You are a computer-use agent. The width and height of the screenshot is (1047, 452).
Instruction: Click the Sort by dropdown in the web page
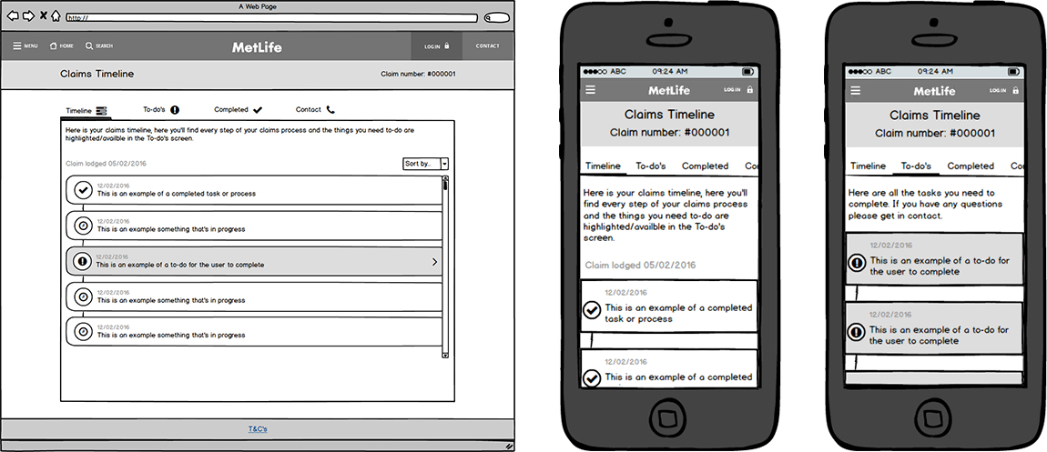[x=425, y=164]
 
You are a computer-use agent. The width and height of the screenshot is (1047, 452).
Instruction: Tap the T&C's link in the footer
[x=258, y=428]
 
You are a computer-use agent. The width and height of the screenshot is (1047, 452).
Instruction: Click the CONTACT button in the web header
[x=487, y=46]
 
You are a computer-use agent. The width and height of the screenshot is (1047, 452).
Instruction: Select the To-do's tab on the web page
[x=160, y=109]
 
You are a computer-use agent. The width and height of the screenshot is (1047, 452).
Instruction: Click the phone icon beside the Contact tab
[x=330, y=109]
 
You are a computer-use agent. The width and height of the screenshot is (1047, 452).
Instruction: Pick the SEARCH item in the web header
[x=98, y=45]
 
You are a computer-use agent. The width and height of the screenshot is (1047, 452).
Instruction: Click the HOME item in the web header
[x=61, y=45]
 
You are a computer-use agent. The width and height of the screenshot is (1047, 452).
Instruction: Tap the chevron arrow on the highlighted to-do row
[x=433, y=262]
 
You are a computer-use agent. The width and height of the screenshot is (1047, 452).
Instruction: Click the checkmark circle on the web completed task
[x=83, y=189]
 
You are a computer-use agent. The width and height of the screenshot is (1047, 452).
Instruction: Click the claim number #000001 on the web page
[x=418, y=75]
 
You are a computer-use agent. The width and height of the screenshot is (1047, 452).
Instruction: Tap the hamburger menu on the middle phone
[x=590, y=90]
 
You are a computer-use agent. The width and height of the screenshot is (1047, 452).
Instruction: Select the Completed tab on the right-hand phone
[x=971, y=166]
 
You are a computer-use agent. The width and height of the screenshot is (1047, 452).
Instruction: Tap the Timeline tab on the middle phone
[x=604, y=166]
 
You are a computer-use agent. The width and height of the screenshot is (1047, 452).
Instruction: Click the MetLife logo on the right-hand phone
[x=934, y=91]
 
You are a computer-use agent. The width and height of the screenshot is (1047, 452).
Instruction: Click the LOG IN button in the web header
[x=436, y=46]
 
